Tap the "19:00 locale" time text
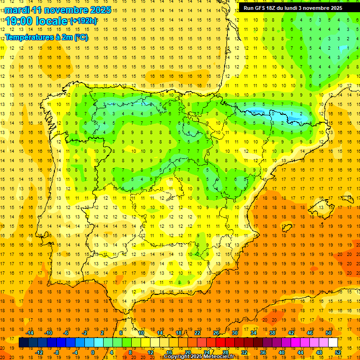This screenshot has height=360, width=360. (36, 21)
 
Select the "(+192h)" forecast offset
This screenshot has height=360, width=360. (83, 21)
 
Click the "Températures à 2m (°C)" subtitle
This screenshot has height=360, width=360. (46, 37)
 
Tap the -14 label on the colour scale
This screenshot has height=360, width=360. (30, 333)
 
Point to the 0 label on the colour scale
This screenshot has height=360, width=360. (93, 352)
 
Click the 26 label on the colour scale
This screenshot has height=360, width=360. (216, 333)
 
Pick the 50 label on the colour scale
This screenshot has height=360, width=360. (328, 333)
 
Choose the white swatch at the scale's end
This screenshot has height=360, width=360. (333, 342)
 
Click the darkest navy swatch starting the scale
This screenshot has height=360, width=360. (23, 342)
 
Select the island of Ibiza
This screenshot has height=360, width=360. (287, 228)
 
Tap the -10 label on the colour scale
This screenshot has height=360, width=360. (48, 333)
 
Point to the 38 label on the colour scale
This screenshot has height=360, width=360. (272, 333)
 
